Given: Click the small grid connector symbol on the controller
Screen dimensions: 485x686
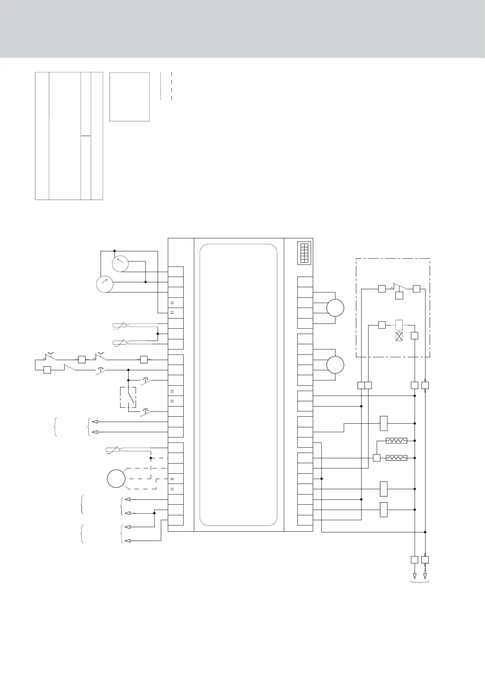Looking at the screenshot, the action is (304, 253).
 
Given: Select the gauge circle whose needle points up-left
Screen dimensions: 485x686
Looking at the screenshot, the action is (120, 264).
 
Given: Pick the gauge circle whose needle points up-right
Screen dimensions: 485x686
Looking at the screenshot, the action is (105, 284).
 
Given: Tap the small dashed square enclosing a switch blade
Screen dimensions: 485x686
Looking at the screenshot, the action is (128, 398).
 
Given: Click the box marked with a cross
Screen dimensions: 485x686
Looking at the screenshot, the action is (399, 336).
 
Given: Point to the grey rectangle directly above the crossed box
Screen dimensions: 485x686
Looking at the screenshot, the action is (399, 325).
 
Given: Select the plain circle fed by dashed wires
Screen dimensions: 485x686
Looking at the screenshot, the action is (116, 479).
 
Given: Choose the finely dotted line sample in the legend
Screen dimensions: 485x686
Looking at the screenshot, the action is (161, 86).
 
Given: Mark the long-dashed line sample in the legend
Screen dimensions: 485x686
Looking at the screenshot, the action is (172, 86).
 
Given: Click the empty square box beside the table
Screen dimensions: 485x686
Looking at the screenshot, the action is (129, 97).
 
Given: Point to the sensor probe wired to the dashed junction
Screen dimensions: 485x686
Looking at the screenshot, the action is (116, 450).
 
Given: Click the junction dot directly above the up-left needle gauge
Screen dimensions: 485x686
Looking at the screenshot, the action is (114, 251).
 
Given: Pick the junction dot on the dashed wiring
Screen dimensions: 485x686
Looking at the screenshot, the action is (151, 458).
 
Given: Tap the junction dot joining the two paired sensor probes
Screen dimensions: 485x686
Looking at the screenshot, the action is (158, 334).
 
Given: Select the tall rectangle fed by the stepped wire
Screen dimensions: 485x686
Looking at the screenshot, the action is (383, 423).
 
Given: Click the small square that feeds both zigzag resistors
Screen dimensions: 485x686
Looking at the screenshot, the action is (377, 458).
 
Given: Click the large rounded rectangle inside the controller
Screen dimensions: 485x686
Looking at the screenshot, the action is (239, 385).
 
